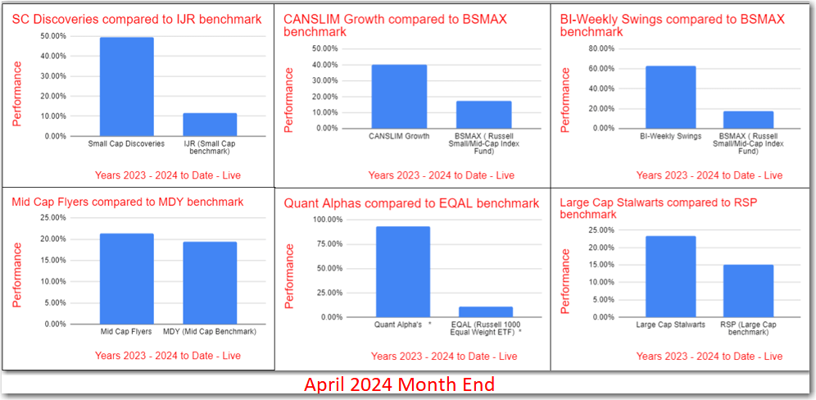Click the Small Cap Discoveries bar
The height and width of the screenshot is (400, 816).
126,87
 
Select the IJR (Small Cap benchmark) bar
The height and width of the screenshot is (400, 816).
209,125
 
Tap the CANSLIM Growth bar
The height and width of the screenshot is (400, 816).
398,97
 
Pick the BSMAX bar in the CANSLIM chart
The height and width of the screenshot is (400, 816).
484,115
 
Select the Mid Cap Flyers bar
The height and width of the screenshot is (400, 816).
126,279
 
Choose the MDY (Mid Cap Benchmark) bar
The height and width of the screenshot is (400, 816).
209,283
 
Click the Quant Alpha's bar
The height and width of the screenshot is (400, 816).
402,271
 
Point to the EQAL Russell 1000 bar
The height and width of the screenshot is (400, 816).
486,311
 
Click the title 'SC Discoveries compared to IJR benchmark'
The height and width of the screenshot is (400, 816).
137,18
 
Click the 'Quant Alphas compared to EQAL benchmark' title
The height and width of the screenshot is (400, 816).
411,202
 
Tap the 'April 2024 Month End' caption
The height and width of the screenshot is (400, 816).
400,384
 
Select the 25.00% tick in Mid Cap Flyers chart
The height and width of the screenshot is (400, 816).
53,218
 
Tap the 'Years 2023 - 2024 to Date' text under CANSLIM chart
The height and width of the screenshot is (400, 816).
441,175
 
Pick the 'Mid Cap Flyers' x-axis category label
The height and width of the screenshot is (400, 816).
126,331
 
